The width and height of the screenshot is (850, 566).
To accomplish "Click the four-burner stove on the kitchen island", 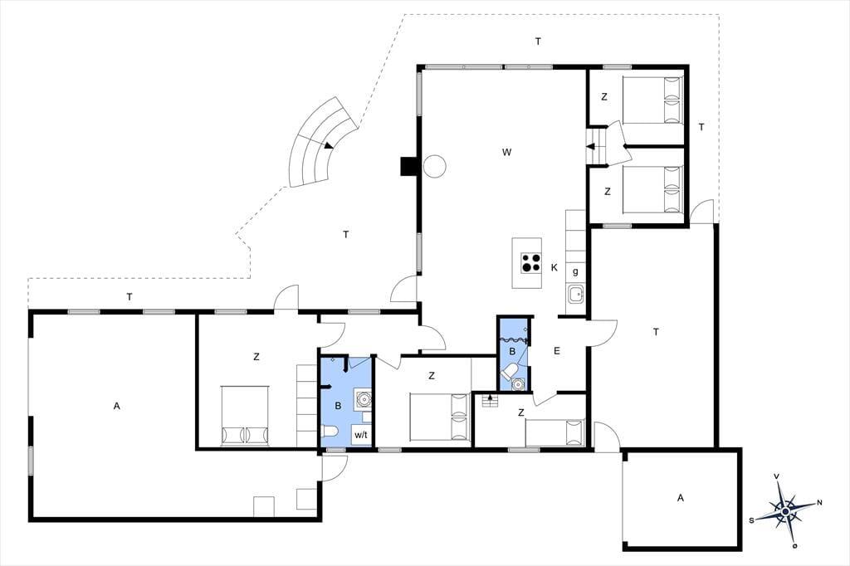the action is tap(530, 262).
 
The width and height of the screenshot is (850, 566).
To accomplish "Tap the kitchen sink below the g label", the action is tap(576, 295).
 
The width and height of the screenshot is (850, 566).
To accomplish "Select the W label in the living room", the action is tap(507, 153).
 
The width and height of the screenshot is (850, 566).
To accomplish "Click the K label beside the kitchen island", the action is tap(554, 267).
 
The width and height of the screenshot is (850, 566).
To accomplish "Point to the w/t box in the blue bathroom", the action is tap(361, 434).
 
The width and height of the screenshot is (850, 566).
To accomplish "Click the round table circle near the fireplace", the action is tap(434, 166).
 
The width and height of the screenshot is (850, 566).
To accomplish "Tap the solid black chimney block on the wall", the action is tap(408, 167).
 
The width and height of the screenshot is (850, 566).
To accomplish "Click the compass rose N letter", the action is tap(819, 503).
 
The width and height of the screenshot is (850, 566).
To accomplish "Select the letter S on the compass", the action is tap(751, 520).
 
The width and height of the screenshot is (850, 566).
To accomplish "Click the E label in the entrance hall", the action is tap(556, 351).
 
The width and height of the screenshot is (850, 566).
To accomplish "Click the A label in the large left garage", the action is tap(116, 406).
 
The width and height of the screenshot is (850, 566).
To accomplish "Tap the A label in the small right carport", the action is tap(681, 498).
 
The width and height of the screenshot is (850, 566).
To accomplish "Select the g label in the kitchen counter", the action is tap(575, 271).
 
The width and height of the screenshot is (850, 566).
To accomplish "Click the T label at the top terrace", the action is tap(538, 41).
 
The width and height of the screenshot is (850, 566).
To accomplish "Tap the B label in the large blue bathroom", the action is tap(338, 406).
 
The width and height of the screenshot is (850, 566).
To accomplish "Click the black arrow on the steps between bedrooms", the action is tap(591, 146).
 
